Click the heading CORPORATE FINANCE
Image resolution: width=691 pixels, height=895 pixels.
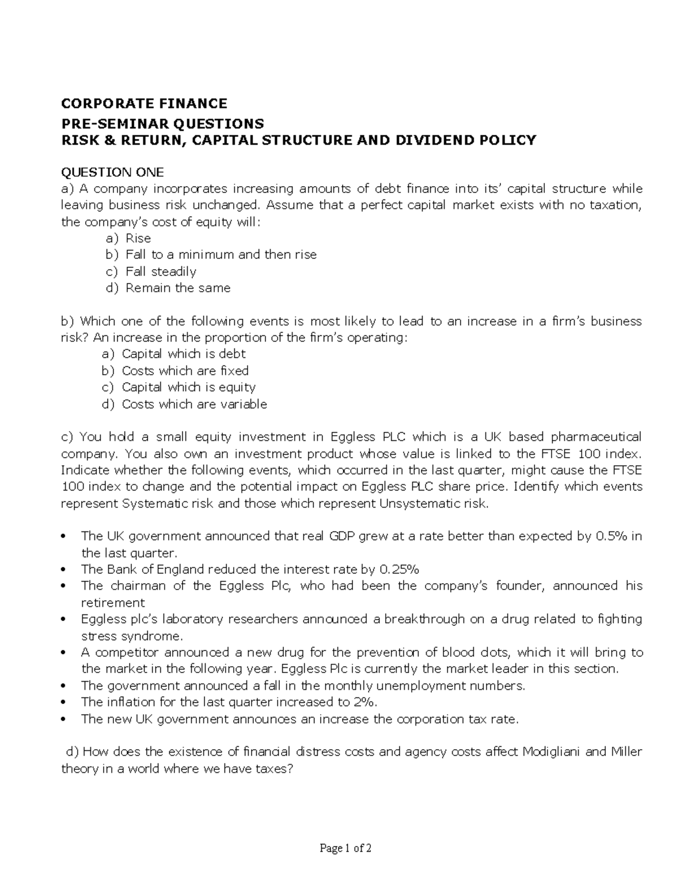pos(144,104)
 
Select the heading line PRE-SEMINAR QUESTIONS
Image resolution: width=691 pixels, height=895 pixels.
pos(162,123)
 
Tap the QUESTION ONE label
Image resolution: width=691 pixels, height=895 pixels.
pos(112,172)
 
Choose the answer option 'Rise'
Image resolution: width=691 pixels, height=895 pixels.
pos(138,238)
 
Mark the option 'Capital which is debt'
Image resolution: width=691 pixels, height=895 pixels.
pos(184,354)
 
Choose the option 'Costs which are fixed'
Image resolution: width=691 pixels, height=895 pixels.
pos(185,371)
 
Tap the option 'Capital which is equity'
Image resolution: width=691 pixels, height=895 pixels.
pos(188,387)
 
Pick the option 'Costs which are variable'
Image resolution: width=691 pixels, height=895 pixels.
pos(194,404)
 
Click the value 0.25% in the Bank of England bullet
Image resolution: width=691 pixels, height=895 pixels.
pos(400,570)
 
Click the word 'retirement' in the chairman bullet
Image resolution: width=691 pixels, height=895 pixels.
pos(113,603)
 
